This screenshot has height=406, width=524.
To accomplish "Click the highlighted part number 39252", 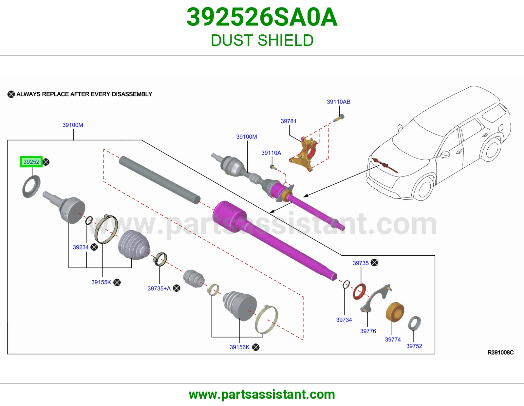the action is point(31,161).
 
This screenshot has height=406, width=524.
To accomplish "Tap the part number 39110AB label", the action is point(338,102).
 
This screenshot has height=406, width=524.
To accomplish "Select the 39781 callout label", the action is point(289,121).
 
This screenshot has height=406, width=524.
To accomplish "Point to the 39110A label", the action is point(271,153).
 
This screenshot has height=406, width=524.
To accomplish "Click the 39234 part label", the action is point(81,247).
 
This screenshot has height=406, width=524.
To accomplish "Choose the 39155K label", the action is point(101,282).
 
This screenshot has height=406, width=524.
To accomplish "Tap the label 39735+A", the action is point(159,288).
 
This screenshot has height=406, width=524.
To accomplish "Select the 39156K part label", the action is point(239,347).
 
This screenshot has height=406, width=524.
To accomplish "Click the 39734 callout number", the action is point(344,320).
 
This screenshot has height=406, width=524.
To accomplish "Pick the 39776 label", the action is point(368,331).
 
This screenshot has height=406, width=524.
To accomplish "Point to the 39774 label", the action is point(393,339).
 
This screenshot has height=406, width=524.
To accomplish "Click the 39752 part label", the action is point(414,346).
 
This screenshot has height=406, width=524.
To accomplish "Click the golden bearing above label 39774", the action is point(395,312).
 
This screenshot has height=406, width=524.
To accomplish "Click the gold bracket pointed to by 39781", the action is point(302,154).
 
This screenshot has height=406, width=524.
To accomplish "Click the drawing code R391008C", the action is point(500,353).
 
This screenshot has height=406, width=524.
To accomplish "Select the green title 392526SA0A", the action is point(262,17).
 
